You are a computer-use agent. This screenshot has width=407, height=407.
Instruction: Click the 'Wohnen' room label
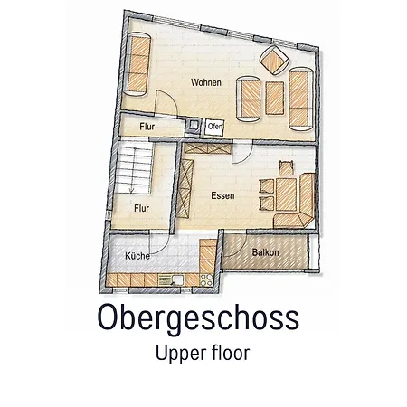pyautogui.click(x=205, y=83)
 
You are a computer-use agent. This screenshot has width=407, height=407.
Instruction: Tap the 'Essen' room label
pyautogui.click(x=224, y=195)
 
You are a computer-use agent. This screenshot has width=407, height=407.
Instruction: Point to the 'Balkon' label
pyautogui.click(x=265, y=252)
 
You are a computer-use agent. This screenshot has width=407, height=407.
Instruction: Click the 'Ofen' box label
pyautogui.click(x=214, y=127)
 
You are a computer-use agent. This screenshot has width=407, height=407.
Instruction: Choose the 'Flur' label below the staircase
pyautogui.click(x=141, y=207)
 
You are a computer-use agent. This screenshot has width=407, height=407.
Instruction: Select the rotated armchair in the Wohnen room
pyautogui.click(x=274, y=60)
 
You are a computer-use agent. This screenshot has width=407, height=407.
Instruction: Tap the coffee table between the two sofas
pyautogui.click(x=273, y=93)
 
